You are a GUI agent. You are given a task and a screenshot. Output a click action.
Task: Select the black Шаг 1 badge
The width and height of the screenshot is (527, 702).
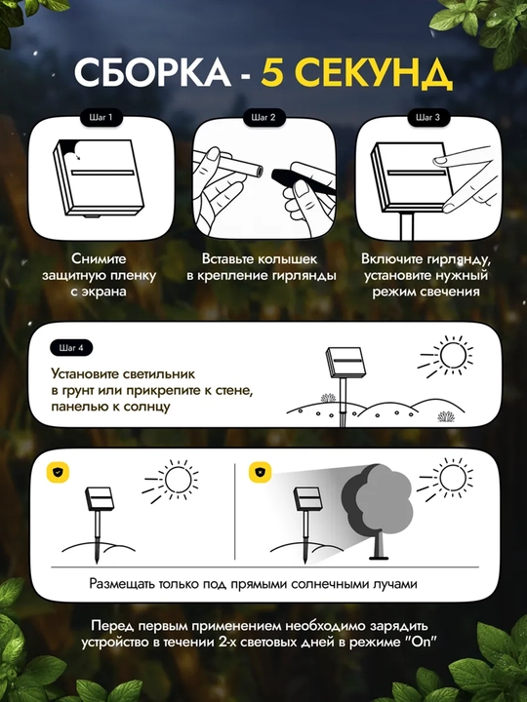click(x=101, y=118)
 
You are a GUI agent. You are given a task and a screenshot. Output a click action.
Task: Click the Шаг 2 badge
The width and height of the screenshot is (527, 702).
click(x=263, y=118)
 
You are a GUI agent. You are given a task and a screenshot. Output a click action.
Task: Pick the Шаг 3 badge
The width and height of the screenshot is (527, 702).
click(x=427, y=118)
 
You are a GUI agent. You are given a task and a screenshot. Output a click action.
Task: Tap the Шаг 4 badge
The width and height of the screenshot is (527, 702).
click(x=71, y=348)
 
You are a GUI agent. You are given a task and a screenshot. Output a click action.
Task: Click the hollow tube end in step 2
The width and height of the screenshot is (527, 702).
click(x=257, y=171)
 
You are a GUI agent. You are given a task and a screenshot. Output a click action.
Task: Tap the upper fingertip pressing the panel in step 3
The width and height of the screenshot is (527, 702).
click(x=440, y=160)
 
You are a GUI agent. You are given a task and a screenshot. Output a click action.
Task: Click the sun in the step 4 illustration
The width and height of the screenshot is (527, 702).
click(x=453, y=356)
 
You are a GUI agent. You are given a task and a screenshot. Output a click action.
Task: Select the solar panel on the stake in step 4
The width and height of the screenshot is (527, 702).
click(x=345, y=363)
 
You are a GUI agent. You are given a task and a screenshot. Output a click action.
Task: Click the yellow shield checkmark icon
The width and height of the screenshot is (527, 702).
click(x=58, y=472)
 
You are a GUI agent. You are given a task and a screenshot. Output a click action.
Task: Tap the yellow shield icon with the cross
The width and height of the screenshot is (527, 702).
click(x=261, y=472)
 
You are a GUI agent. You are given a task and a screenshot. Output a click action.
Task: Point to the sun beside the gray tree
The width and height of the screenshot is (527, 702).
click(x=453, y=479)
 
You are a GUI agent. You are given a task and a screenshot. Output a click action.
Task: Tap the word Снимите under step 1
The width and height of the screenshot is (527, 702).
click(x=99, y=258)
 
